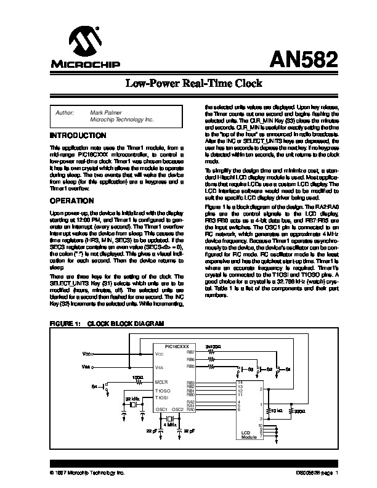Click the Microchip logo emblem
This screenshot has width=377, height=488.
click(x=85, y=44)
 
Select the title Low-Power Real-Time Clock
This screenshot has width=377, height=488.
click(x=188, y=83)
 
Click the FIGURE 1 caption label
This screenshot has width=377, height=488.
click(x=65, y=324)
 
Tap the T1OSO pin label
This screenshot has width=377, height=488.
click(x=163, y=391)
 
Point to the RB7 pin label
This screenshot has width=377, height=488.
click(x=190, y=352)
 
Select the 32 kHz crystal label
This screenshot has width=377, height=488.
click(x=132, y=400)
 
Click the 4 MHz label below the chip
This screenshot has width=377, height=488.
click(x=170, y=425)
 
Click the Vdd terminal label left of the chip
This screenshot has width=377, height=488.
click(x=86, y=355)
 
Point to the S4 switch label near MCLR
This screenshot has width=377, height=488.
click(x=94, y=386)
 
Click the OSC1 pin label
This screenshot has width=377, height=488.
click(x=162, y=409)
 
